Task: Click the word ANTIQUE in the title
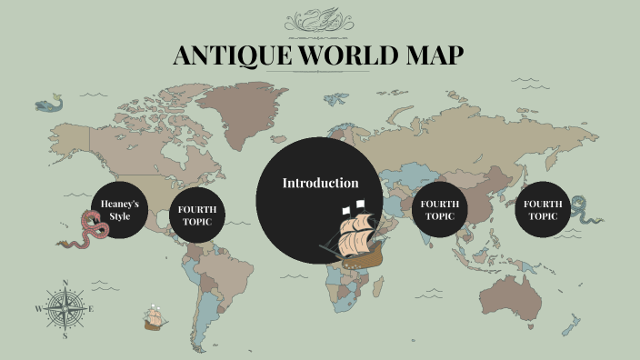point(227,56)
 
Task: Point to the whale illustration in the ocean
point(51,105)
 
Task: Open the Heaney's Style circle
point(119,210)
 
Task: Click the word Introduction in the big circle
point(320,183)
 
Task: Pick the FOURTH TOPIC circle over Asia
point(440,210)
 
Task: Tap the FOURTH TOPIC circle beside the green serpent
point(544,210)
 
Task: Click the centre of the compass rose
point(65,308)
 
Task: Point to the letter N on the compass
point(65,282)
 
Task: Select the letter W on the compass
point(38,309)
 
